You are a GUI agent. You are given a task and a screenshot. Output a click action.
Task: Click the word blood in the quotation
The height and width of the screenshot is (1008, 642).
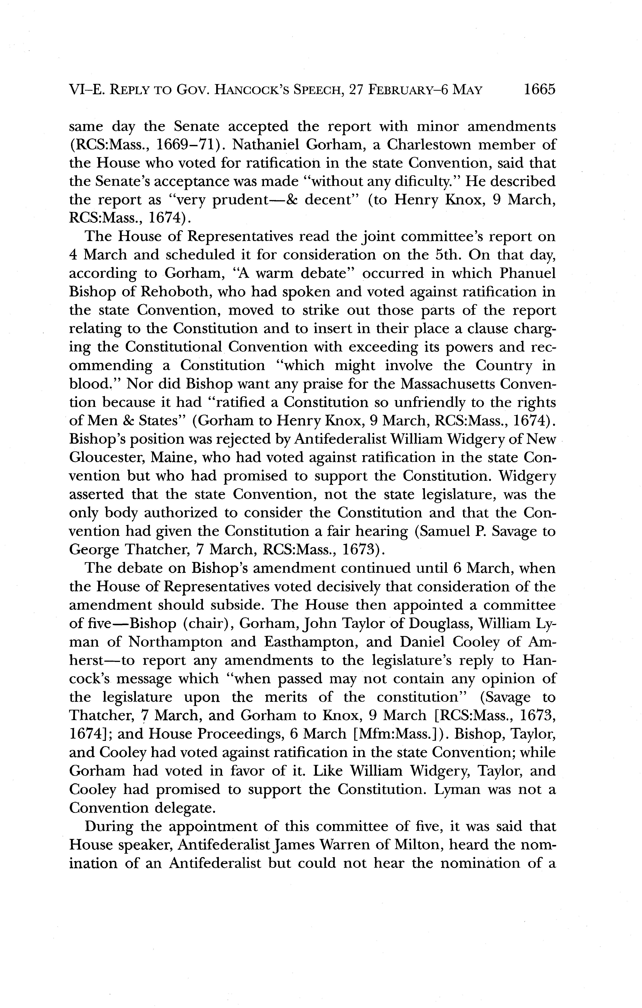click(x=91, y=383)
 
